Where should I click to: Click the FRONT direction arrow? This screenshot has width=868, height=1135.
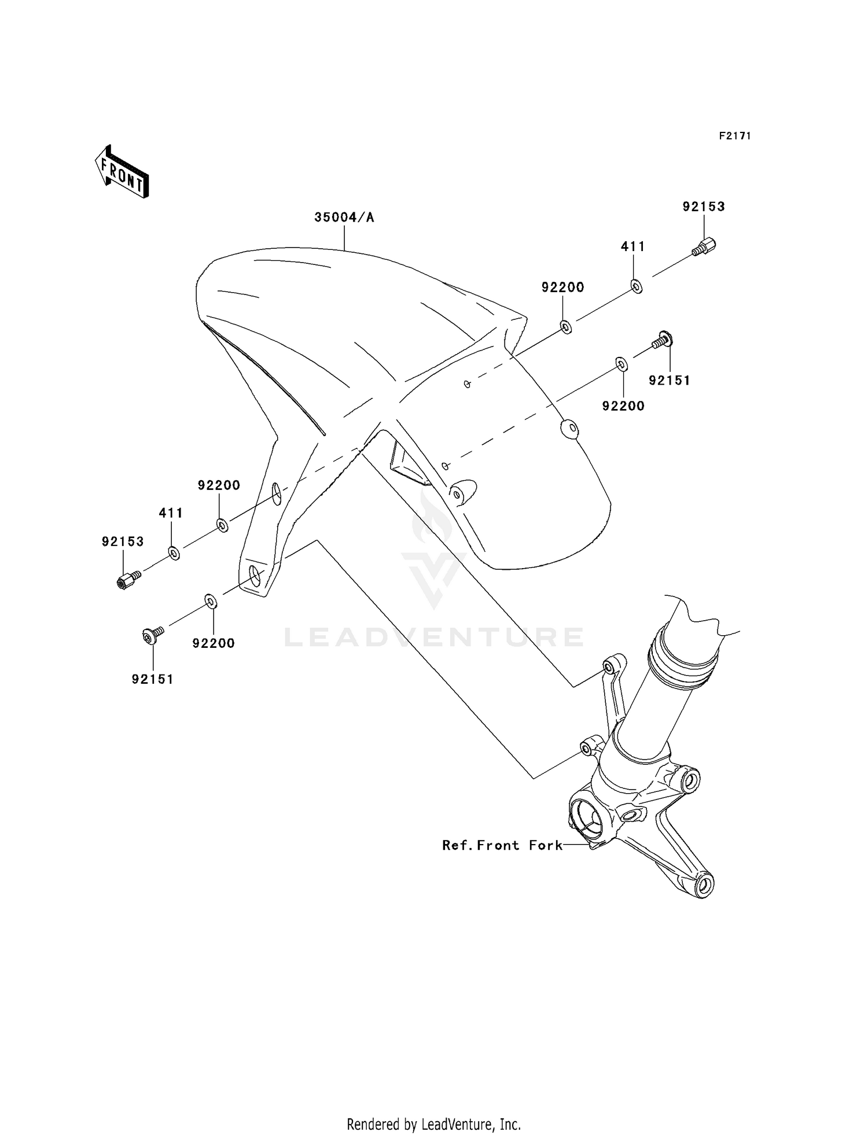[x=122, y=172]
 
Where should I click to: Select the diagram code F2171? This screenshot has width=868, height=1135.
[x=735, y=137]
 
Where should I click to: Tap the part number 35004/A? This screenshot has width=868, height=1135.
[x=344, y=218]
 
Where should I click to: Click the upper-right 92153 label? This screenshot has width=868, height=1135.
[x=704, y=207]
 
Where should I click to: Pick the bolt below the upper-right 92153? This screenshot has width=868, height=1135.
[x=704, y=248]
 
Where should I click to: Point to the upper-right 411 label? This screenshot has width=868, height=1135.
[x=633, y=246]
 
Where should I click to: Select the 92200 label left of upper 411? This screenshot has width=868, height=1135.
[x=563, y=287]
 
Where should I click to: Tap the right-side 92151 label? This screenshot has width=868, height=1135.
[x=670, y=381]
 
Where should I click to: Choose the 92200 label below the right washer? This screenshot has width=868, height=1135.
[x=623, y=406]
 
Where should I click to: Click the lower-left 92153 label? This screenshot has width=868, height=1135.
[x=123, y=542]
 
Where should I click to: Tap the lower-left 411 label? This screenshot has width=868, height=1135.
[x=171, y=513]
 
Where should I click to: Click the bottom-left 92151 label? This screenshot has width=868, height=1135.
[x=153, y=680]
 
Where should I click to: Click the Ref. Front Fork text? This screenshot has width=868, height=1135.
[x=502, y=846]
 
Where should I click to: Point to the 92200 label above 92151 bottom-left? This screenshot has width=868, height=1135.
[x=214, y=643]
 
